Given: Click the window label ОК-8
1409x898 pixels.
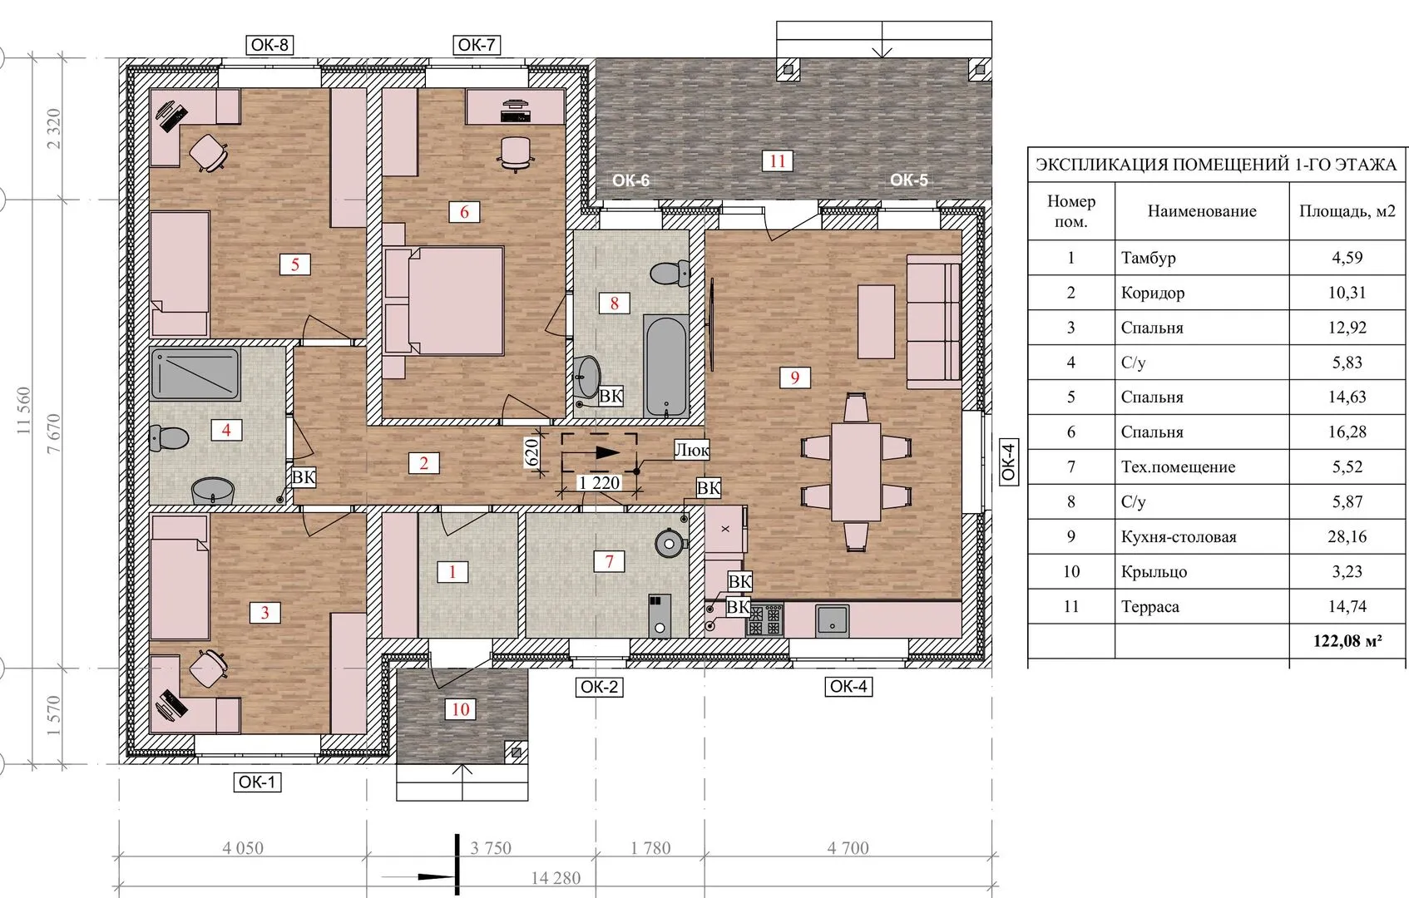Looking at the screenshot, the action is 269,45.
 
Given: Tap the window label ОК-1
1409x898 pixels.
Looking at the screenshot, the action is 257,782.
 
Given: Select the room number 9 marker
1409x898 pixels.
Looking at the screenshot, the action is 794,377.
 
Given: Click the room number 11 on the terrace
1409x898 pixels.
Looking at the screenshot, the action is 777,161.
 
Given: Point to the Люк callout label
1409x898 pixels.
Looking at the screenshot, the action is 691,450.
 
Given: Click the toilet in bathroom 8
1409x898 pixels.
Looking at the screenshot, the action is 670,274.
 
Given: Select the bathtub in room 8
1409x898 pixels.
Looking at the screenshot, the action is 665,366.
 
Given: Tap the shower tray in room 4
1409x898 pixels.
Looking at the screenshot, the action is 195,374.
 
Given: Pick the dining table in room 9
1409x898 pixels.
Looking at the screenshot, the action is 855,471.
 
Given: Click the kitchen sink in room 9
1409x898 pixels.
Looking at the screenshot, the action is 832,620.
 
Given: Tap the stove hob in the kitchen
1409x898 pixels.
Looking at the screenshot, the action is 764,619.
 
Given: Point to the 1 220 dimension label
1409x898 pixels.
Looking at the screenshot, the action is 599,482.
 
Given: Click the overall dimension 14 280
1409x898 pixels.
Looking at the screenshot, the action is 556,878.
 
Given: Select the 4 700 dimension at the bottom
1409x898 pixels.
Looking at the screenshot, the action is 848,847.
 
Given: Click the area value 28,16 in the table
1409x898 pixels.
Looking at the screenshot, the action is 1347,536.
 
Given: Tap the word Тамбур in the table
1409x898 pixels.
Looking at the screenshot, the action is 1148,258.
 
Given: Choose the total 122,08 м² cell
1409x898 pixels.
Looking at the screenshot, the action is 1347,641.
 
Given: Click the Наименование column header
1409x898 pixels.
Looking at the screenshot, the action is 1201,211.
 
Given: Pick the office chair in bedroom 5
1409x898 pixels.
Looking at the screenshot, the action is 208,152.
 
